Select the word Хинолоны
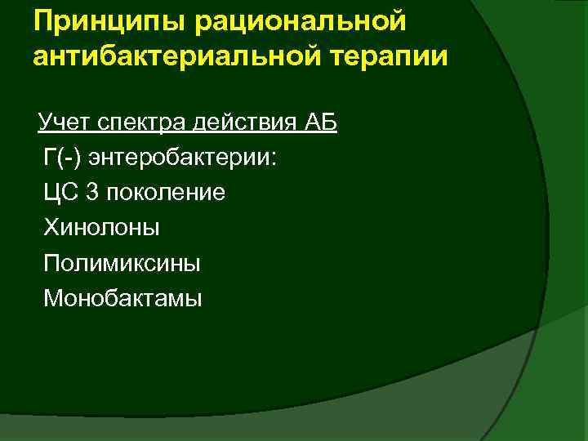pos(102,228)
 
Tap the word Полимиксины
pos(122,263)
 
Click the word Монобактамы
pos(122,298)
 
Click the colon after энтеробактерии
pos(274,159)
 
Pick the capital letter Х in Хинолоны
pos(51,228)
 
